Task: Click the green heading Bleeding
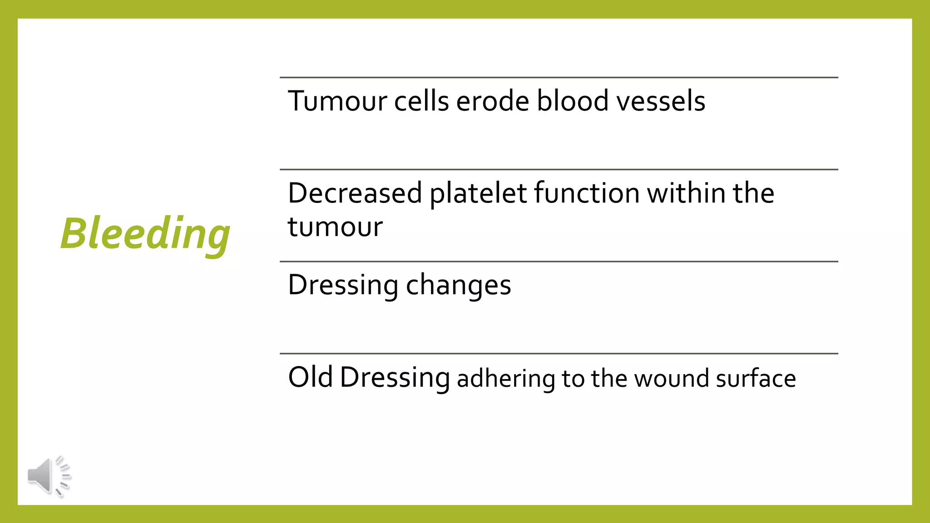pyautogui.click(x=145, y=233)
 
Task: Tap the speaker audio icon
pyautogui.click(x=48, y=476)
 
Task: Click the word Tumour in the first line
pyautogui.click(x=337, y=101)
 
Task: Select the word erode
pyautogui.click(x=492, y=101)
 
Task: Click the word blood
pyautogui.click(x=572, y=101)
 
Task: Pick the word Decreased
pyautogui.click(x=355, y=193)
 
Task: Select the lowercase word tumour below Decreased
pyautogui.click(x=335, y=227)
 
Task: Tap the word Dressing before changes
pyautogui.click(x=343, y=285)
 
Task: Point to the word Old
pyautogui.click(x=310, y=377)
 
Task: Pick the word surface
pyautogui.click(x=756, y=379)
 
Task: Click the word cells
pyautogui.click(x=421, y=101)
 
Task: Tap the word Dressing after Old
pyautogui.click(x=395, y=378)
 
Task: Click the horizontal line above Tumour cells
pyautogui.click(x=559, y=78)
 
